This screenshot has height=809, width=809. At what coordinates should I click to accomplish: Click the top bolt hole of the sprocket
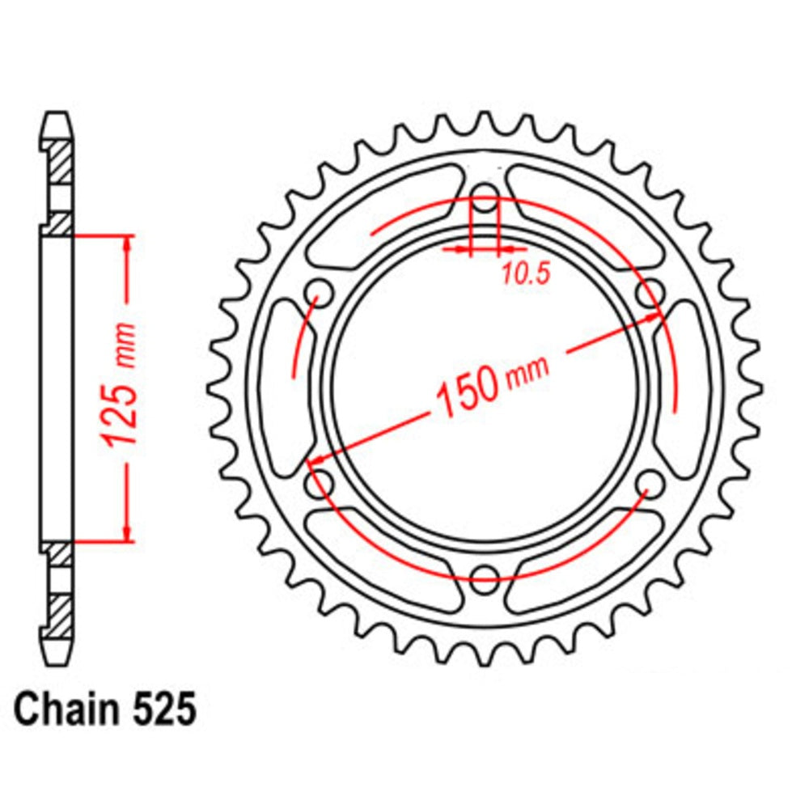pos(485,193)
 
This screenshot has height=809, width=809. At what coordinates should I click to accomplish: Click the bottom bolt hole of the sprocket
pos(485,575)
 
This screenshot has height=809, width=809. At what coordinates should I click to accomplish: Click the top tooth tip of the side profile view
pos(57,118)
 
